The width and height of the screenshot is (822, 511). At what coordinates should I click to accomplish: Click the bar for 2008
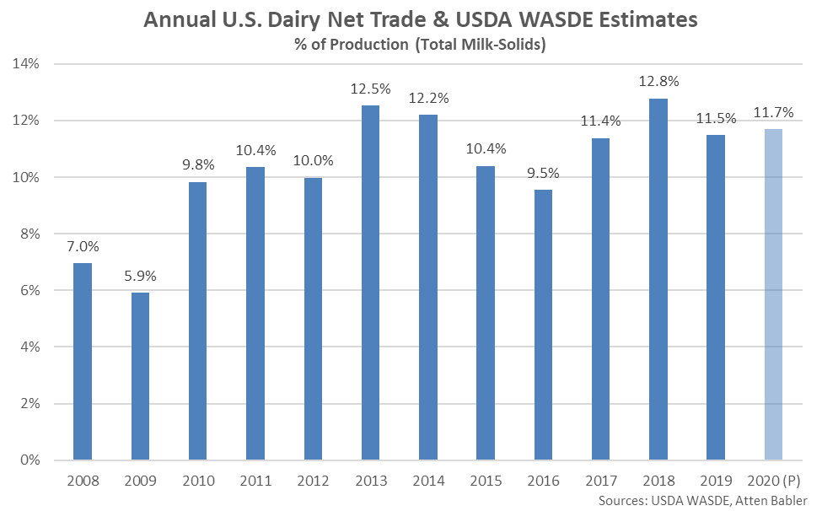pyautogui.click(x=83, y=362)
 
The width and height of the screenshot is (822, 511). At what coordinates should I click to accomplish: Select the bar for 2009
pyautogui.click(x=140, y=376)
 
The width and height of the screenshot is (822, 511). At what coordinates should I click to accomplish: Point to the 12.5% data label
pyautogui.click(x=371, y=89)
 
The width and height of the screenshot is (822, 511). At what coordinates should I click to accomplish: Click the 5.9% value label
pyautogui.click(x=140, y=276)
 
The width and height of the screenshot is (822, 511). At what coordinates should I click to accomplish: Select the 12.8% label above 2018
pyautogui.click(x=658, y=81)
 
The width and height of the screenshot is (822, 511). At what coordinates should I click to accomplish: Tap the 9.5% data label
pyautogui.click(x=544, y=173)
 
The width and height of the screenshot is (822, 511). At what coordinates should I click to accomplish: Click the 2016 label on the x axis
pyautogui.click(x=544, y=482)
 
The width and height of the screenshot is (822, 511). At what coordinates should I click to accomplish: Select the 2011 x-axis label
pyautogui.click(x=255, y=482)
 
